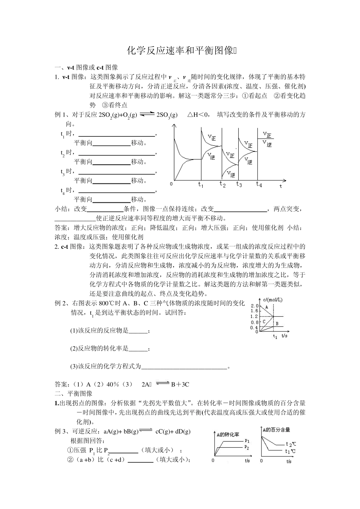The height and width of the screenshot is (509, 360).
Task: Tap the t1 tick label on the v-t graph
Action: coord(201,185)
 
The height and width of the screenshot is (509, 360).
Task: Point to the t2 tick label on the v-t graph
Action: coord(222,185)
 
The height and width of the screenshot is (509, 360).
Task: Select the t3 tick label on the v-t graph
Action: coord(239,185)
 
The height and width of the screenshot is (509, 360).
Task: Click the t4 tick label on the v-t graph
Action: coord(259,184)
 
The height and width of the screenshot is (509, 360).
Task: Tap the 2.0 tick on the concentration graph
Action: coord(254,306)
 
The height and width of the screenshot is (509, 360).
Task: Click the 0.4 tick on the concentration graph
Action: coord(254,328)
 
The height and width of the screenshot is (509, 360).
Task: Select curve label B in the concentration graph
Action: coord(277,323)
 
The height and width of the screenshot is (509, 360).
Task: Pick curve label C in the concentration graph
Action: coord(264,321)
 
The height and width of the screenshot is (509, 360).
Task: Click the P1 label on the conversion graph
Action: coord(247,441)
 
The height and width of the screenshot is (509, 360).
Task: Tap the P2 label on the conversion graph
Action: coord(247,448)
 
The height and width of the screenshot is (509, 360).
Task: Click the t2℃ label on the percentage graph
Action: coord(291,444)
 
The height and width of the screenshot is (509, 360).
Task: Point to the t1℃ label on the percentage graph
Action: coord(290,451)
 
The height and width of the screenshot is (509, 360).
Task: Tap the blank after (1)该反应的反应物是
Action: coord(138,331)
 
